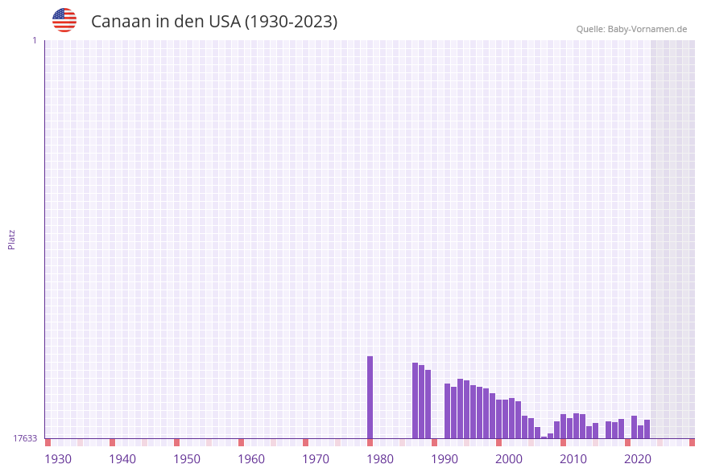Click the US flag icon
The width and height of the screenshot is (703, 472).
coord(64,20)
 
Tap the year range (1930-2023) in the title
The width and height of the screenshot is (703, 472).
coord(291,22)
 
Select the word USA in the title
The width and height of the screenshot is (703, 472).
coord(221,22)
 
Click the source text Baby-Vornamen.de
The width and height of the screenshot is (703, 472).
coord(647,29)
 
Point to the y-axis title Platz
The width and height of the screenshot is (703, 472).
coord(12,240)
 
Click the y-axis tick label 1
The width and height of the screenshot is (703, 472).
coord(35,40)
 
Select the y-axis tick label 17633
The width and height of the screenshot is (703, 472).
coord(25,438)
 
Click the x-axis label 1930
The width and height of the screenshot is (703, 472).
coord(58,459)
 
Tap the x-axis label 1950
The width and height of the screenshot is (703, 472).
coord(187,459)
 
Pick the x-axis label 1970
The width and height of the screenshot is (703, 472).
coord(316,459)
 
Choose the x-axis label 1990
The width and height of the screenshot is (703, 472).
coord(445,459)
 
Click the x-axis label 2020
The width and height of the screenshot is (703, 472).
coord(638,459)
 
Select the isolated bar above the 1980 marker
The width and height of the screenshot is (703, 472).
coord(370,397)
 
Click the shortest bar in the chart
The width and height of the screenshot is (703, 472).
coord(544,437)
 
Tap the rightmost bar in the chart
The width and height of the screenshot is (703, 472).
coord(647,429)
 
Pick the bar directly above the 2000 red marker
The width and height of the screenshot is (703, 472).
coord(499,419)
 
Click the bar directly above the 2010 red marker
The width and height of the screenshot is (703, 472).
coord(564,426)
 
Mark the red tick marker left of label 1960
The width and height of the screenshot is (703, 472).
coord(241,442)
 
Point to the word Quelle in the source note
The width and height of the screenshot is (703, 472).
coord(590,29)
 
